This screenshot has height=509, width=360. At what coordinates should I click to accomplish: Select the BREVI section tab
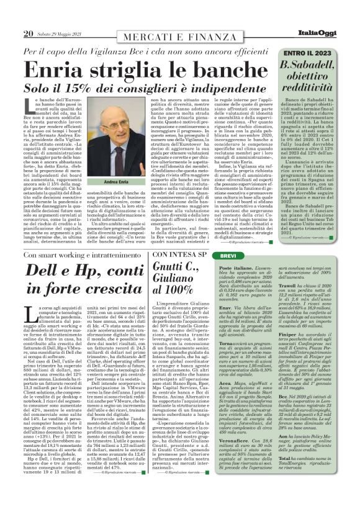coord(246,256)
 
